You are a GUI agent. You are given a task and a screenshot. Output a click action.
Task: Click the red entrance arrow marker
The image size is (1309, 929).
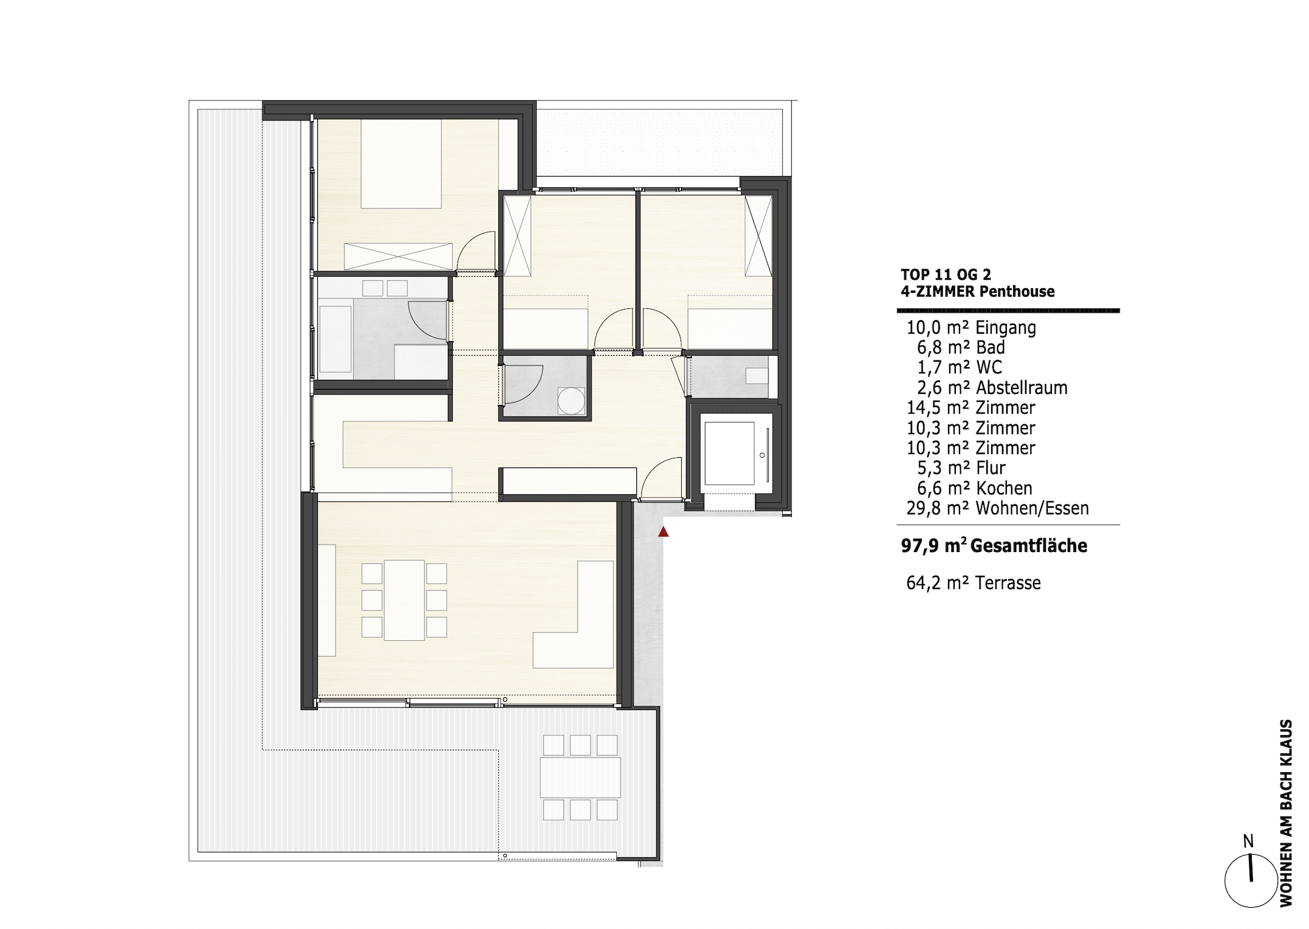click(x=664, y=532)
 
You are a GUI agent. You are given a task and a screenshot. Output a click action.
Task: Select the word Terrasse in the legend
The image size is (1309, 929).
click(x=1008, y=583)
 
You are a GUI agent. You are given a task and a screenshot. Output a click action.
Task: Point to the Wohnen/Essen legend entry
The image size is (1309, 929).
click(x=997, y=508)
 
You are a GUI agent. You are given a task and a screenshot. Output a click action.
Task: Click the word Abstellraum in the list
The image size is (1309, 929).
click(x=1022, y=388)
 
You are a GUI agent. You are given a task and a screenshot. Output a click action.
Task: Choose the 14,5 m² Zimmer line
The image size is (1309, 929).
click(x=971, y=408)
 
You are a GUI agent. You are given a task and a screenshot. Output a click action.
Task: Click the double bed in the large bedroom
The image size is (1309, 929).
click(x=401, y=164)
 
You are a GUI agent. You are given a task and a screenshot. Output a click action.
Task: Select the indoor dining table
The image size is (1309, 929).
click(x=404, y=600)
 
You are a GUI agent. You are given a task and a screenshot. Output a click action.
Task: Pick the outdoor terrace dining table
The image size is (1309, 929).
click(x=580, y=778)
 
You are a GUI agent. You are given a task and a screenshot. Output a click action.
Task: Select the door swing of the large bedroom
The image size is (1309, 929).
click(x=476, y=252)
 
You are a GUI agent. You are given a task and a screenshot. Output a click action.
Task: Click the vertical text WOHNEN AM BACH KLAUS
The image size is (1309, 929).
click(x=1286, y=813)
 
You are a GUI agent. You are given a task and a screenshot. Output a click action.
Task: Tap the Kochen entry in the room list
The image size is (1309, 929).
click(x=971, y=488)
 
